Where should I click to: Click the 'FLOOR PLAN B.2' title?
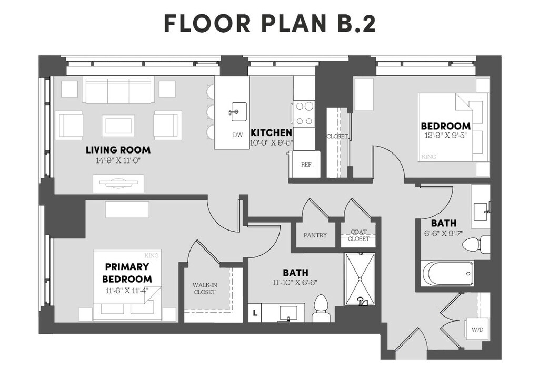point(270,23)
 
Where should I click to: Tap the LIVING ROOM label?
point(118,150)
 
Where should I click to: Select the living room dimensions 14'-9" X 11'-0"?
point(118,160)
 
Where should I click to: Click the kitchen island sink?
point(238,111)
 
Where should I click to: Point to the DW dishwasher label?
point(237,135)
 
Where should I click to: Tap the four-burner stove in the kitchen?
point(304,112)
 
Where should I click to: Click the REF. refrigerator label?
point(307,165)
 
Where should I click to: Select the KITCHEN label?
point(271,132)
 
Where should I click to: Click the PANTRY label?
point(315,235)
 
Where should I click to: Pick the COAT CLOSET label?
point(358,235)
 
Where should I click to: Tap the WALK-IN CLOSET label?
point(205,289)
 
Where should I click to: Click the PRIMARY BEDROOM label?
point(127,273)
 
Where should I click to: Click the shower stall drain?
point(360,279)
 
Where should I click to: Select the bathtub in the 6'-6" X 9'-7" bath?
point(447,273)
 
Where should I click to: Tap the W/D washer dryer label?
point(477,330)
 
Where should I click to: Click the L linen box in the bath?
point(255,313)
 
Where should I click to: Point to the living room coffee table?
point(118,126)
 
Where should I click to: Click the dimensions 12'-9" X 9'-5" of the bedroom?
point(446,136)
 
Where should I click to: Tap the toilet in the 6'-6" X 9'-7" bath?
point(476,244)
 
